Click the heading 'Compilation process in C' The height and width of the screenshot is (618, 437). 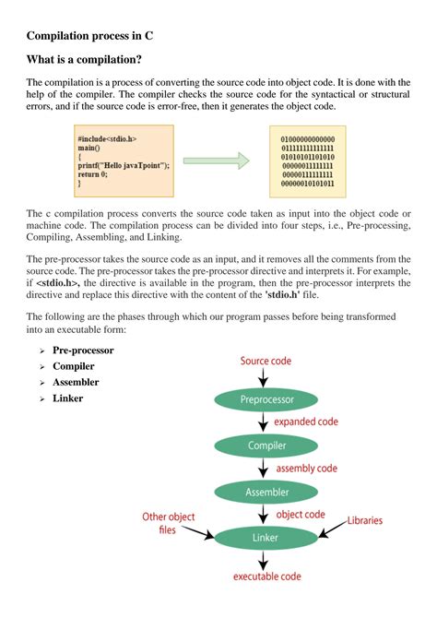point(90,36)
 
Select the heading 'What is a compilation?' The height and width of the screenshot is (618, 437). point(84,60)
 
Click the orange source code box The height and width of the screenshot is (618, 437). point(123,161)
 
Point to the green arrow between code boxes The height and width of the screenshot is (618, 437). point(223,161)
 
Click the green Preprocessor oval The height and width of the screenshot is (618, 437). point(266,400)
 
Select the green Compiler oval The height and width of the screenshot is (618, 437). point(266,446)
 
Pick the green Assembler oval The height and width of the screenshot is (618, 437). point(266,492)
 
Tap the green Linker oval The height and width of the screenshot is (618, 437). point(266,537)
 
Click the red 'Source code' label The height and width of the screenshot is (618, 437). point(267,361)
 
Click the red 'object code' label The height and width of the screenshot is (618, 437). point(301,514)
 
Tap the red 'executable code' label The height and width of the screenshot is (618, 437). point(266,576)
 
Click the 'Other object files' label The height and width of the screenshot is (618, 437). point(168,523)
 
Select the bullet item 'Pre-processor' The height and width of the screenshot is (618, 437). point(83,351)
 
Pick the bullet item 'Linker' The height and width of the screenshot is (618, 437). point(68,398)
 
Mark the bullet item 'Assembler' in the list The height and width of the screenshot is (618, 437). point(76,382)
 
